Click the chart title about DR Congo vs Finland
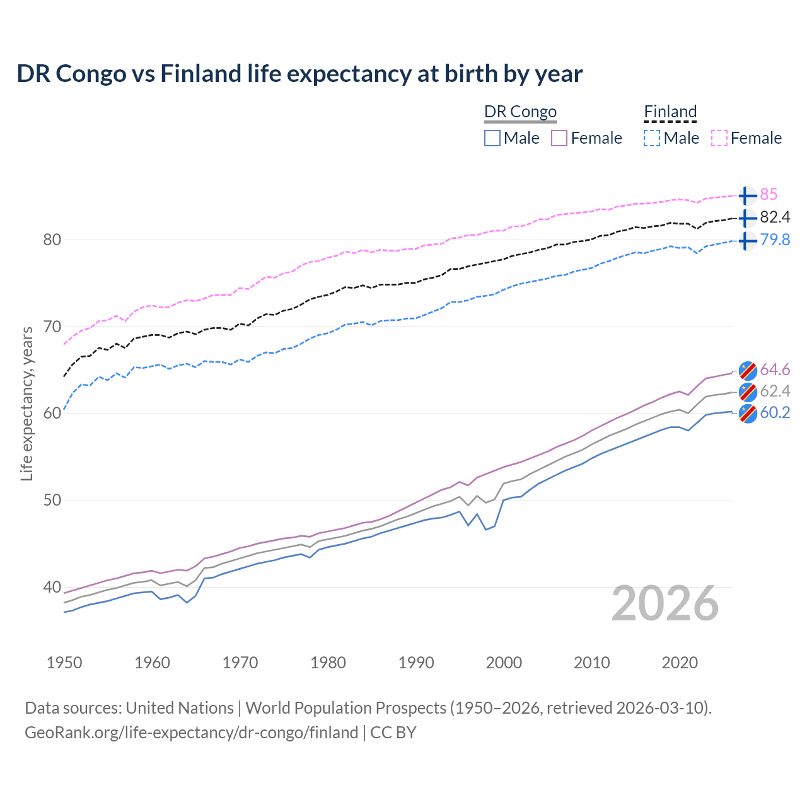tap(299, 74)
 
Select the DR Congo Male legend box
tap(492, 138)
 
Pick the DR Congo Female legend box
tap(559, 138)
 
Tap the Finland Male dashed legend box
tap(652, 138)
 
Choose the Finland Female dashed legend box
tap(719, 138)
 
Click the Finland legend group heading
tap(670, 112)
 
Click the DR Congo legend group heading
tap(520, 112)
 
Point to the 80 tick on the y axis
tap(52, 240)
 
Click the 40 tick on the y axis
tap(52, 587)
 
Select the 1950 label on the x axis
tap(64, 663)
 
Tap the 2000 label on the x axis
tap(504, 663)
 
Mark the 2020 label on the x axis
tap(680, 663)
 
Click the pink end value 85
tap(769, 195)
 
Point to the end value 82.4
tap(775, 218)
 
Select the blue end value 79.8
tap(775, 240)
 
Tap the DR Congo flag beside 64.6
tap(747, 370)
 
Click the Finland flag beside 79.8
tap(747, 241)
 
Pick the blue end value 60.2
tap(775, 413)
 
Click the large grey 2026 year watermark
tap(665, 603)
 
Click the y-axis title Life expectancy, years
tap(26, 403)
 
